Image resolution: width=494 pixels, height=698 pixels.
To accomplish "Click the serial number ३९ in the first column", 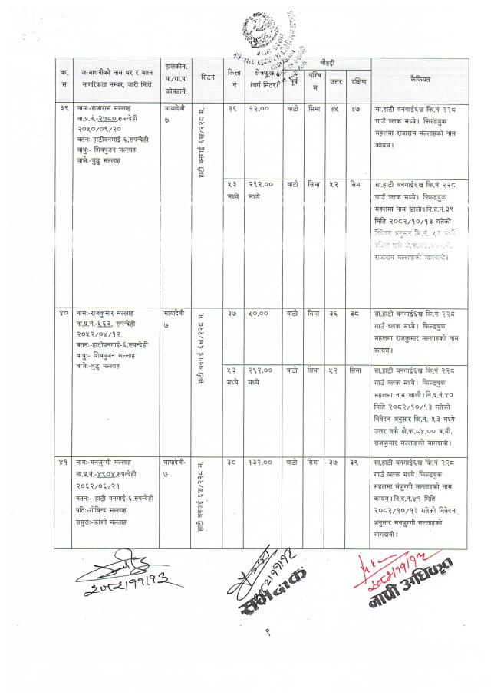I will tap(64, 110).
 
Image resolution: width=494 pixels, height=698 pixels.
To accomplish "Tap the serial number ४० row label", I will tap(64, 313).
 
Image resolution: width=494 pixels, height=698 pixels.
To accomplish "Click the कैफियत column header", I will tap(420, 78).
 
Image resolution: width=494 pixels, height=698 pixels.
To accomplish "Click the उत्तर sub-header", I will tap(335, 81).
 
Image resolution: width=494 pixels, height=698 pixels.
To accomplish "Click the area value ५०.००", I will tap(259, 313).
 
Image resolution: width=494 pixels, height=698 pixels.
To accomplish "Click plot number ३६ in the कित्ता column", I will tap(232, 110).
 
